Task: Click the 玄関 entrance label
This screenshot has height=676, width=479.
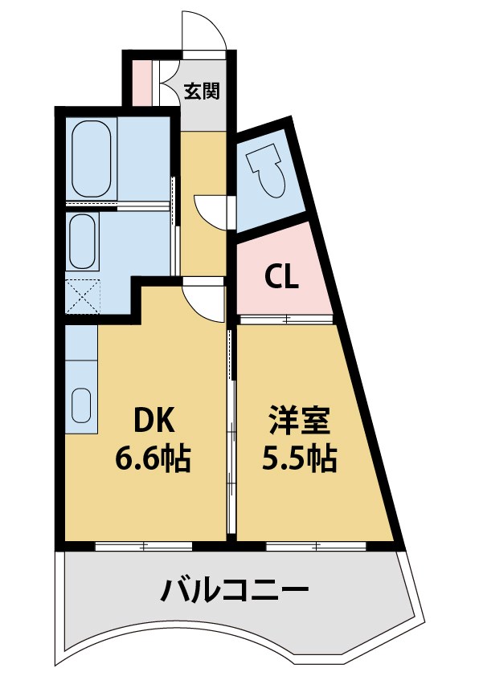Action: (202, 91)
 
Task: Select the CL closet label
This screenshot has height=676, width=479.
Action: (282, 277)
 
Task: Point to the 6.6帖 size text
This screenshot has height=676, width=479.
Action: (154, 459)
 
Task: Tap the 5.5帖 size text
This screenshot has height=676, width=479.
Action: (300, 459)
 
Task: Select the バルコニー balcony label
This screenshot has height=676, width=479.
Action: (235, 593)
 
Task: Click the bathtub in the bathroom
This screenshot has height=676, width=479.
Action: (90, 159)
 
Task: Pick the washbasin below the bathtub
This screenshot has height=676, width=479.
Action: (81, 242)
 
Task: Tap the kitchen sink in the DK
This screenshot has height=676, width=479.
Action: (81, 405)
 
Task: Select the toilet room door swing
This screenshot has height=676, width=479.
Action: (213, 211)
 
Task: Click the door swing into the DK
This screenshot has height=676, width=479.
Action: (203, 301)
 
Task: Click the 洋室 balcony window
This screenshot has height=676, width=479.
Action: (316, 547)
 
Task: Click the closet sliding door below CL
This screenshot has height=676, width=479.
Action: (286, 320)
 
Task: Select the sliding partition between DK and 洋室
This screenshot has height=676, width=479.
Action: (231, 434)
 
